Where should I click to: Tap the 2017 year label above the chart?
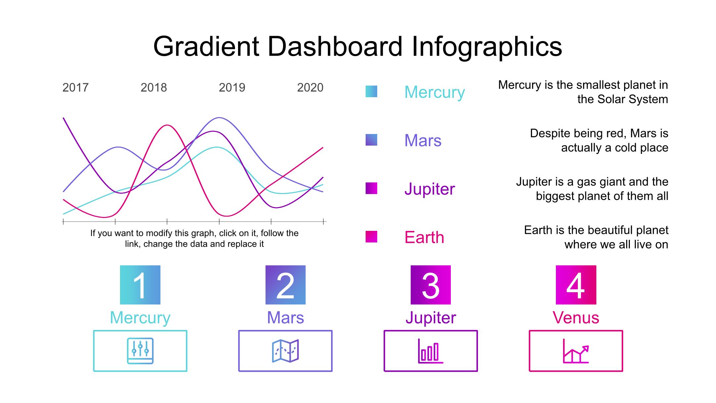(76, 88)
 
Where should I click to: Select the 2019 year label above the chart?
(232, 88)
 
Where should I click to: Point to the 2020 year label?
(310, 88)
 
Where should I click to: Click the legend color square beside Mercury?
(371, 92)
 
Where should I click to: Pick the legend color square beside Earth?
(371, 237)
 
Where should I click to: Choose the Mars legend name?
(423, 141)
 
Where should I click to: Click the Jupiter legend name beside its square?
(430, 189)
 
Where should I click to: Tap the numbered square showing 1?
(140, 285)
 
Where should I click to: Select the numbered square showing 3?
(431, 285)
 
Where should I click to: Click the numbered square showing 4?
(576, 285)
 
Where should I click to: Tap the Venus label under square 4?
(576, 318)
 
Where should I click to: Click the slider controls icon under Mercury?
(140, 351)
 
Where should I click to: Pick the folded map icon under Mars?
(285, 351)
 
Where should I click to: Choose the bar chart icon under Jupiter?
(431, 351)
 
